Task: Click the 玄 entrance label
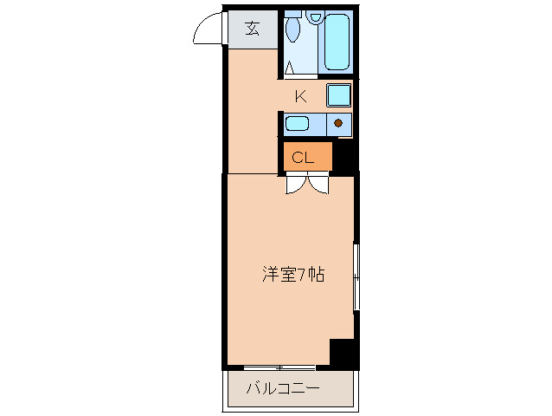[x=252, y=28]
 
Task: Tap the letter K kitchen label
[x=301, y=96]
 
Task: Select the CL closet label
[x=302, y=158]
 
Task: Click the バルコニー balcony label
[x=283, y=388]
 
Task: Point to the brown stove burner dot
[x=339, y=123]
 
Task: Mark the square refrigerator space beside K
[x=338, y=94]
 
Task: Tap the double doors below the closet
[x=307, y=183]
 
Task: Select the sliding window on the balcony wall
[x=279, y=368]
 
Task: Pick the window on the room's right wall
[x=356, y=276]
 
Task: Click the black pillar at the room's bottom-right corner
[x=343, y=353]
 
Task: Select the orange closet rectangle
[x=308, y=157]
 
